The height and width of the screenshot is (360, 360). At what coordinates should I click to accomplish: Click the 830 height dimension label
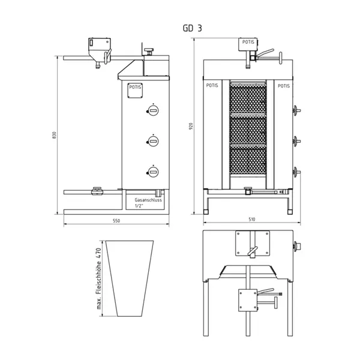55,136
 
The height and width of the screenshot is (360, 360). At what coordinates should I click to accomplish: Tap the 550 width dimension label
117,221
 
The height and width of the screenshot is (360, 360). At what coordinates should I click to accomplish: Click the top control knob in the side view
152,110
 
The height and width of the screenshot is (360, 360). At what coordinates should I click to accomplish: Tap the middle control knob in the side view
152,141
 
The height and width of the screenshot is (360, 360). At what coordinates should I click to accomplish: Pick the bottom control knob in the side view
152,172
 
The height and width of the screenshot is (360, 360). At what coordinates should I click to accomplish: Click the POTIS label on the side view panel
136,87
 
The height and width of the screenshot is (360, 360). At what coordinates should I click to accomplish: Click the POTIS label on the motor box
247,42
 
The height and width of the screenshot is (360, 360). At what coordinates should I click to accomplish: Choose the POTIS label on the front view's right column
283,86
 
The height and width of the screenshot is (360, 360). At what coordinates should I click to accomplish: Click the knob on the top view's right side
295,246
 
